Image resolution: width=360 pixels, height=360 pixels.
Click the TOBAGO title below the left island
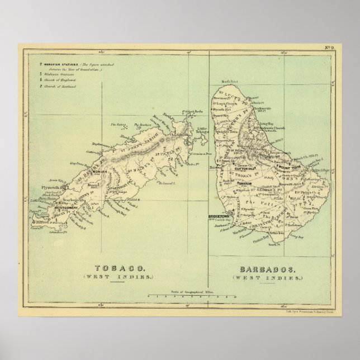tap(128, 267)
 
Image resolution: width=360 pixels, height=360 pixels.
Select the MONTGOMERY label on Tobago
tap(69, 208)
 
